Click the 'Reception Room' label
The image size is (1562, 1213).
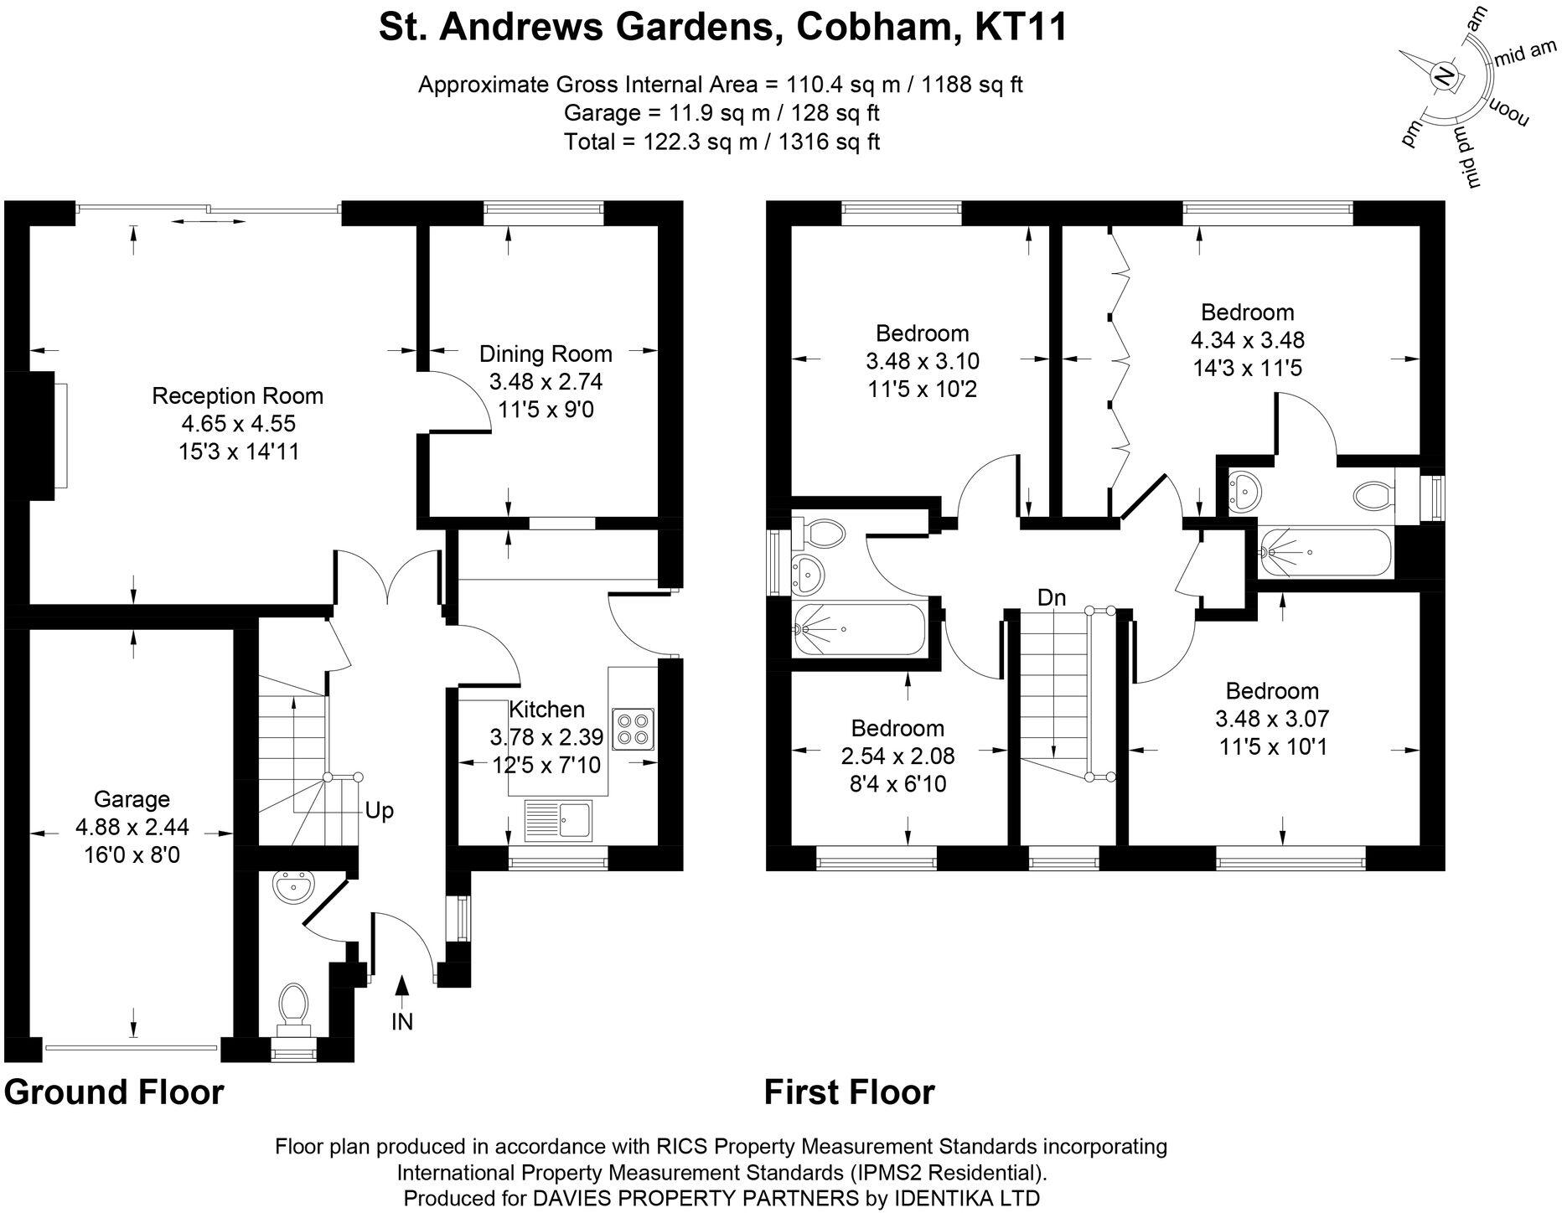(237, 396)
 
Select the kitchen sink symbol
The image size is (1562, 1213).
(558, 820)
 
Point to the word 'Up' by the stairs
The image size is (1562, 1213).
(380, 811)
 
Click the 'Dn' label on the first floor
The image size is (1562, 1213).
(1051, 597)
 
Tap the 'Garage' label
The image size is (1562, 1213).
(132, 799)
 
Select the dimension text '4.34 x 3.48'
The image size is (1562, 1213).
(1247, 340)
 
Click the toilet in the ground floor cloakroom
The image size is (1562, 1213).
(292, 1005)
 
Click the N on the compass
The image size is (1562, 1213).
(1443, 76)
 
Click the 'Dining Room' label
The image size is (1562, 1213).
(546, 354)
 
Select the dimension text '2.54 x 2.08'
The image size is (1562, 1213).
(897, 756)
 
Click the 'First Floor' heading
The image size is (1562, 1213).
(849, 1092)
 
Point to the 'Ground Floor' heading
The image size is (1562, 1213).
(114, 1092)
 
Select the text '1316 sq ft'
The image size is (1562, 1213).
(829, 142)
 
